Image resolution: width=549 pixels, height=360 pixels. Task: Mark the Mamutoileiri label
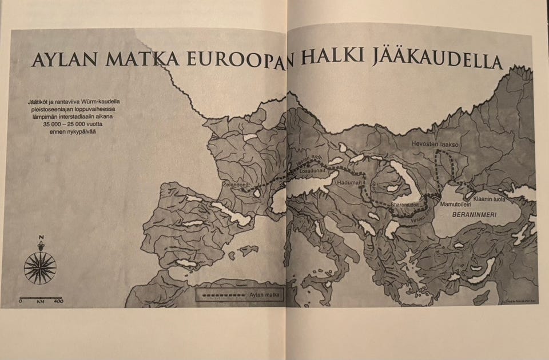pyautogui.click(x=456, y=203)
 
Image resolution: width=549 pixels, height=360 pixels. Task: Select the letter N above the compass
pyautogui.click(x=40, y=238)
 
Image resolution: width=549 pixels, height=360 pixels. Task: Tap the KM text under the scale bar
pyautogui.click(x=40, y=301)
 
